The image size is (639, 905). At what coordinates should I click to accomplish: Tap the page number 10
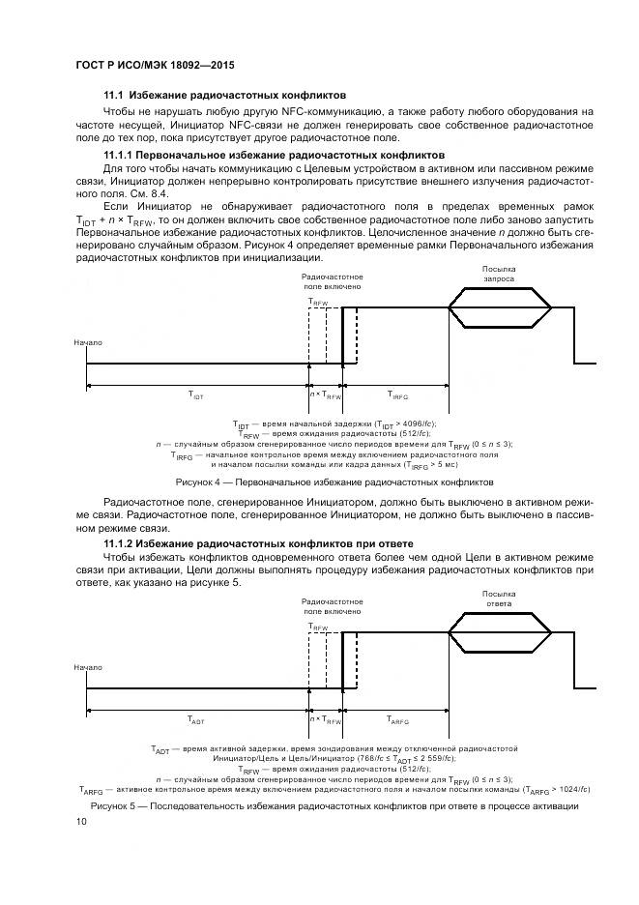(82, 822)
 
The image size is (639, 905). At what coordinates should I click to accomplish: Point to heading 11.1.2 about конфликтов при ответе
(258, 543)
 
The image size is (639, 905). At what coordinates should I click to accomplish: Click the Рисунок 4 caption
(334, 482)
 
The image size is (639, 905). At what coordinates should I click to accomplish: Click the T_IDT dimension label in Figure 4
(195, 395)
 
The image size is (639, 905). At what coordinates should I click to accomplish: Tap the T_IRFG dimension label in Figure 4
(397, 395)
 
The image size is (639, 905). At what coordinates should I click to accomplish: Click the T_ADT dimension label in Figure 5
(195, 720)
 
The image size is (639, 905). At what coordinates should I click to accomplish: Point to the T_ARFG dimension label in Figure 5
(397, 720)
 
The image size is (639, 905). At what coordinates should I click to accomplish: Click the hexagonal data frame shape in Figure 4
(499, 308)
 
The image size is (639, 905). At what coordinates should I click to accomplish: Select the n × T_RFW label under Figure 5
(326, 720)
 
